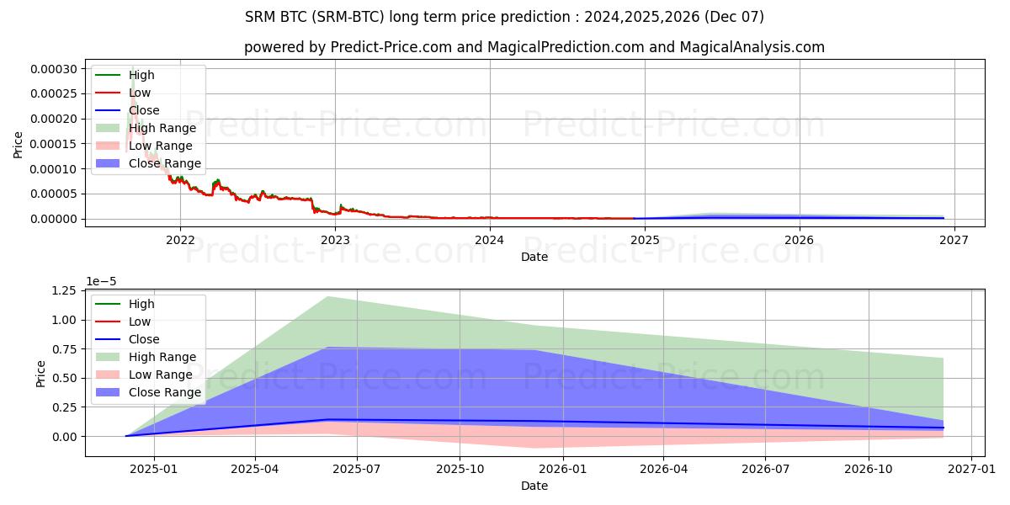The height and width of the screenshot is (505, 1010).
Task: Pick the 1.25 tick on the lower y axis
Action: point(63,290)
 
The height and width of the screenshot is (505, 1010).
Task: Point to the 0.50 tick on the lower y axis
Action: point(63,378)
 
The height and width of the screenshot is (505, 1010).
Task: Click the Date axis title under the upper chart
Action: point(534,257)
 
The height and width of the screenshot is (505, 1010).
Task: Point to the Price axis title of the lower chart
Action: point(41,373)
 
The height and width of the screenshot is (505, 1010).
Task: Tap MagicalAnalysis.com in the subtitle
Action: point(754,47)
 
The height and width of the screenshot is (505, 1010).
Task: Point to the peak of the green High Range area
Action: point(327,296)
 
